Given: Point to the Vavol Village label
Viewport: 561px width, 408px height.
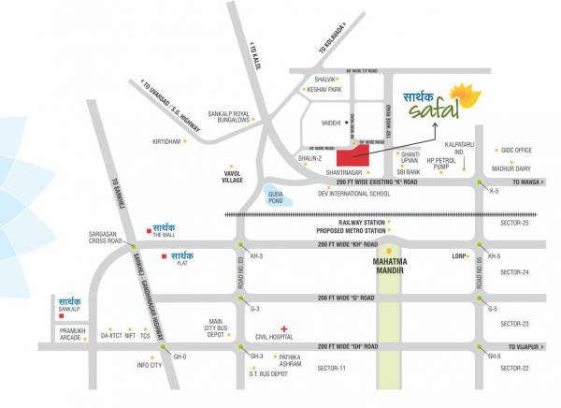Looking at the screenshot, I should pos(232,175).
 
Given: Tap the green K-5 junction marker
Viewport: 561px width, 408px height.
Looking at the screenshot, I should pos(481,182).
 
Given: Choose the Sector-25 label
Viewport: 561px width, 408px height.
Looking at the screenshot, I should pos(513,223).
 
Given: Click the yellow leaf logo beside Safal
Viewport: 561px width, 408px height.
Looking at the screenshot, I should pos(462,96).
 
